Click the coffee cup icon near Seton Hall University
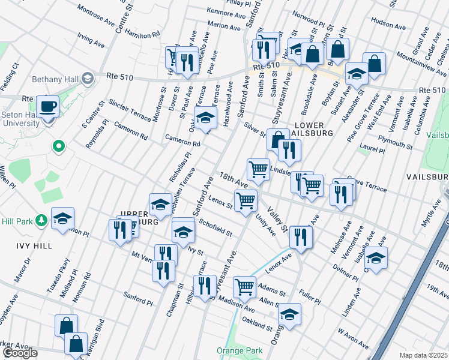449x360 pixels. click(47, 106)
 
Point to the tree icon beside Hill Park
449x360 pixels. click(41, 221)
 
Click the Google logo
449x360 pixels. click(19, 353)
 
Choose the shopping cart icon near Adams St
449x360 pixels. click(244, 287)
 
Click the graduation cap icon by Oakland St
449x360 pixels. click(289, 314)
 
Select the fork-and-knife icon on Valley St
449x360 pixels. click(301, 236)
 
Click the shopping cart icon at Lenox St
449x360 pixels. click(247, 200)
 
